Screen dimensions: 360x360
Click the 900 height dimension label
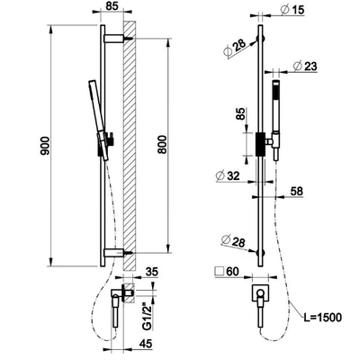click(45, 146)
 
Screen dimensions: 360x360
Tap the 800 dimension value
click(162, 145)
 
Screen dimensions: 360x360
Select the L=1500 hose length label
click(321, 317)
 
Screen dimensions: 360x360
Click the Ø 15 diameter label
click(292, 10)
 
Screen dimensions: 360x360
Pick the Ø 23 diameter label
click(305, 66)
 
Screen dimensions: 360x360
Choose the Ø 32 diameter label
click(228, 175)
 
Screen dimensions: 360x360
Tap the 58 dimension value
click(297, 191)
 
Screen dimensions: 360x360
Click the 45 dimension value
click(145, 344)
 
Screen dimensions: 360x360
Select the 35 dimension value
click(151, 272)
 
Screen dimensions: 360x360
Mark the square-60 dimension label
click(228, 272)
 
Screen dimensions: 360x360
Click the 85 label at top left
click(112, 5)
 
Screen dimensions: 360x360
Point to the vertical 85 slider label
click(240, 114)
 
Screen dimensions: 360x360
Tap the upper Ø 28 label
click(235, 48)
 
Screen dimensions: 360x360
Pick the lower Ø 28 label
click(233, 242)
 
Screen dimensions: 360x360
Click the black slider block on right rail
click(260, 144)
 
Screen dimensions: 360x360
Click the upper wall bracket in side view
click(114, 39)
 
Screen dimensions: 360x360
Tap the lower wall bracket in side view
click(114, 253)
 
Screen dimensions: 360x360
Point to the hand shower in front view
click(275, 120)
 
